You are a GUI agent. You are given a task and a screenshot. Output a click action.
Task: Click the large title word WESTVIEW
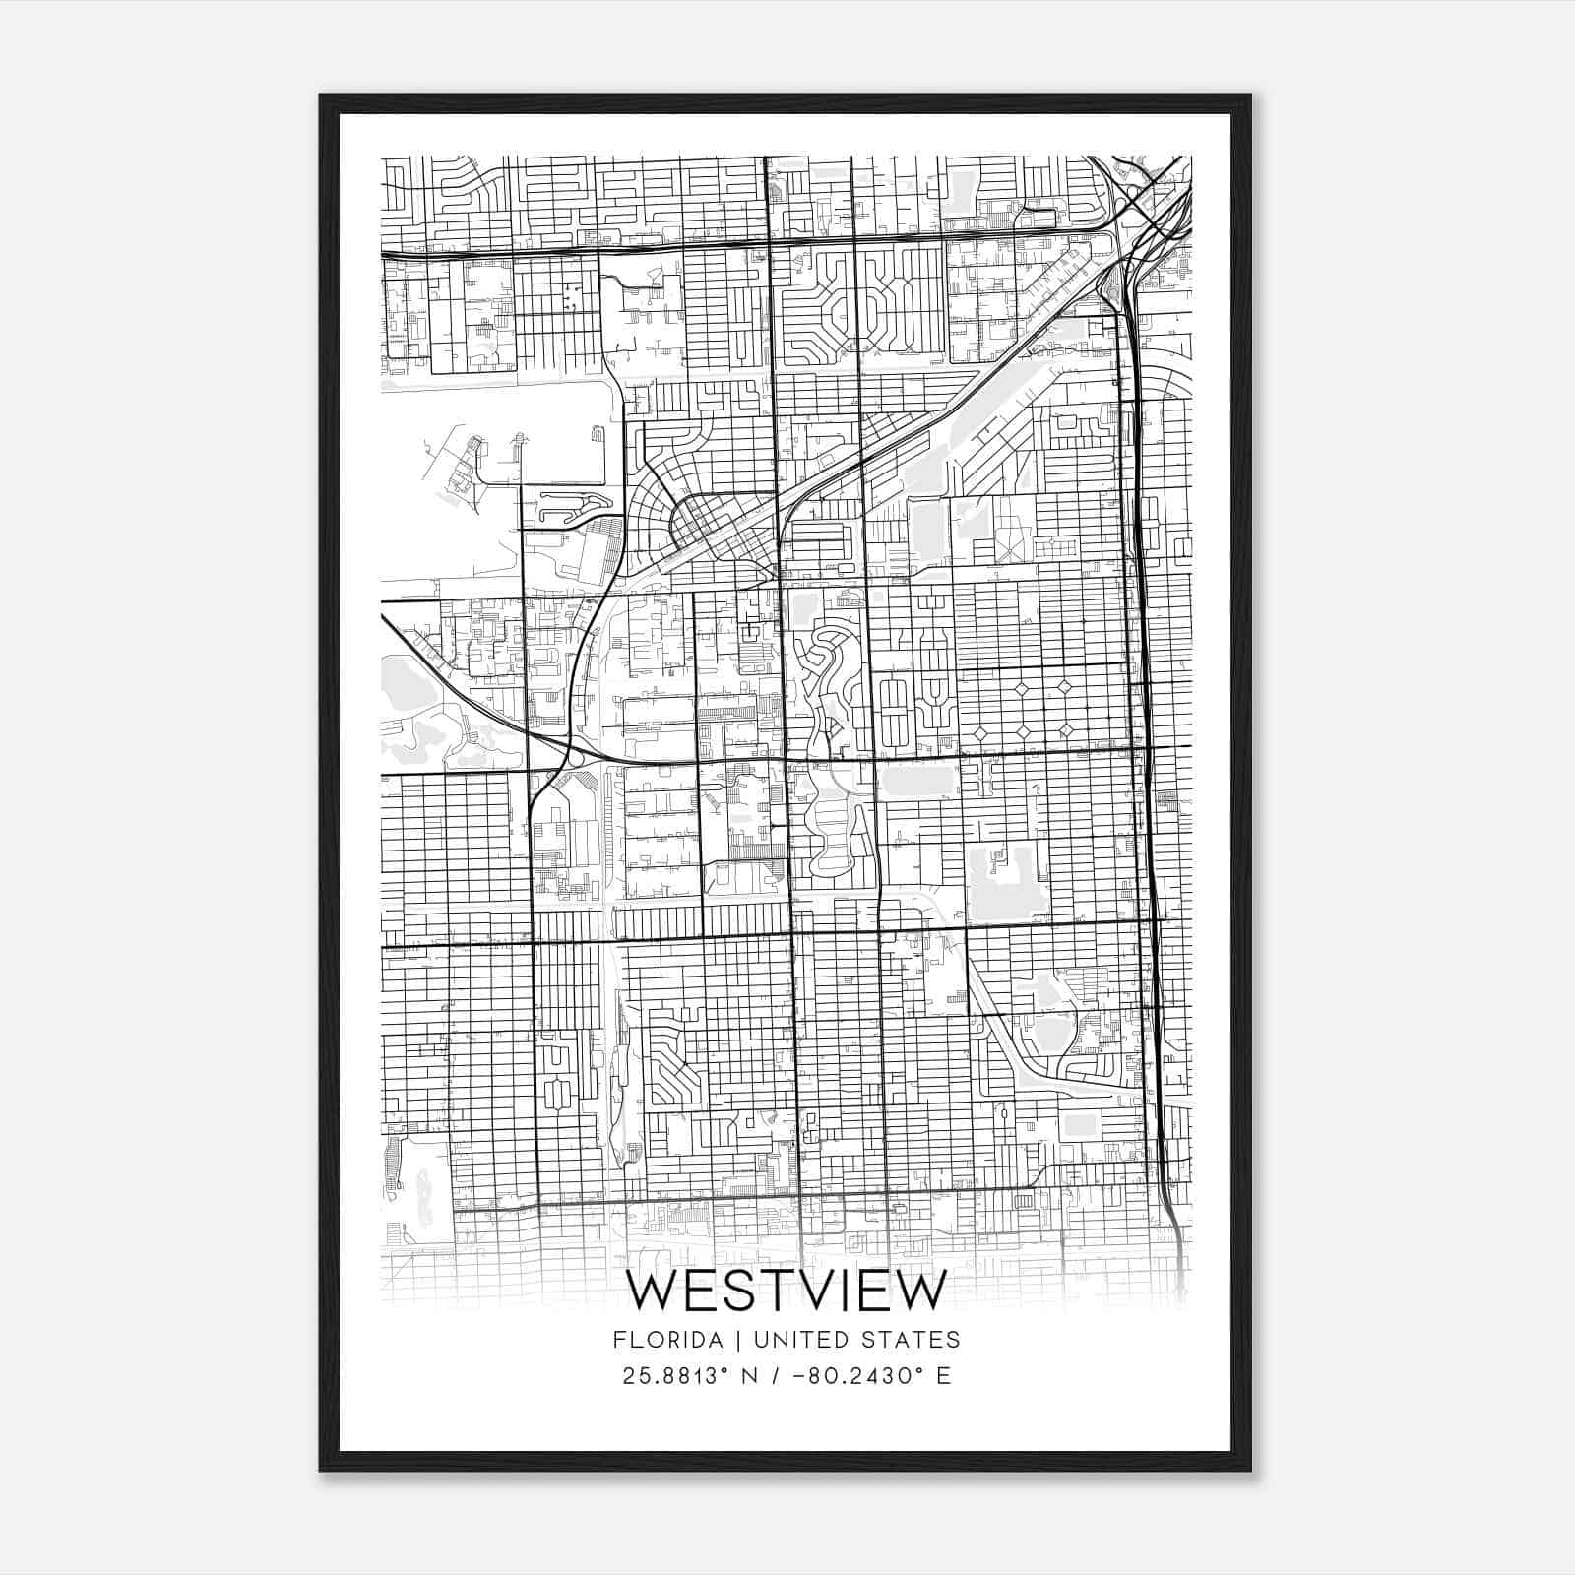coord(787,1291)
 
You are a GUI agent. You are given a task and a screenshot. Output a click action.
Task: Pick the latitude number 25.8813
coord(673,1376)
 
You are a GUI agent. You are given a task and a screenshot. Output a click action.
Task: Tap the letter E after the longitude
coord(944,1376)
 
